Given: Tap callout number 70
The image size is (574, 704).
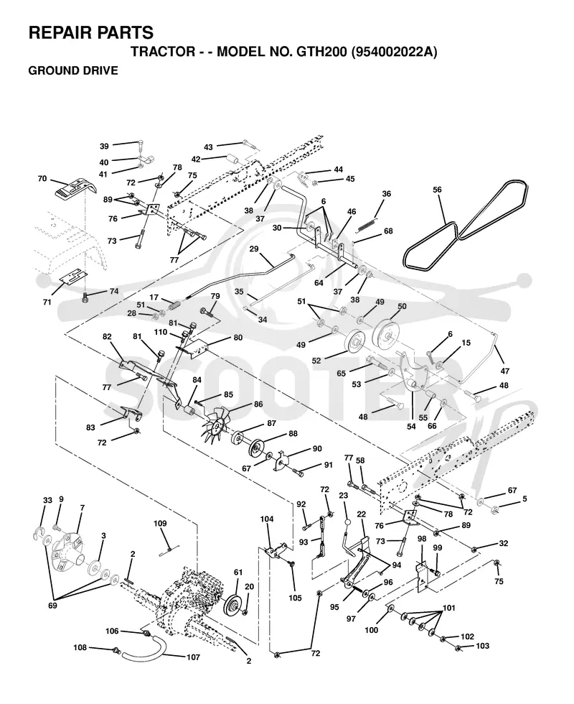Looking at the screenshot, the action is click(x=42, y=179).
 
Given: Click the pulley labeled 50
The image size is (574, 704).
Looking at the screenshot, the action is click(x=387, y=333).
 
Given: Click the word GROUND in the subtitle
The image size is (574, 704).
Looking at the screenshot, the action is click(x=50, y=71).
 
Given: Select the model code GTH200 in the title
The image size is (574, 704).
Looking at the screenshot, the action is click(x=321, y=52).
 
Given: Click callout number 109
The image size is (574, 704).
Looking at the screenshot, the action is click(x=160, y=524).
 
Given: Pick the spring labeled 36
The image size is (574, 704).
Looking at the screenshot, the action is click(x=367, y=226).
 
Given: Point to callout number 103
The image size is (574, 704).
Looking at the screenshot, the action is click(x=482, y=646).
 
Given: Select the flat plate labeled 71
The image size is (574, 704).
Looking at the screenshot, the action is click(x=73, y=277).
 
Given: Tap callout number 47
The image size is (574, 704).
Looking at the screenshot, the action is click(x=505, y=371).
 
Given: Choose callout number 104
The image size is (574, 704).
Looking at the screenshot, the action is click(x=267, y=519).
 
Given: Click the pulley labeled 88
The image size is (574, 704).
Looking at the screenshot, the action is click(x=255, y=448).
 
